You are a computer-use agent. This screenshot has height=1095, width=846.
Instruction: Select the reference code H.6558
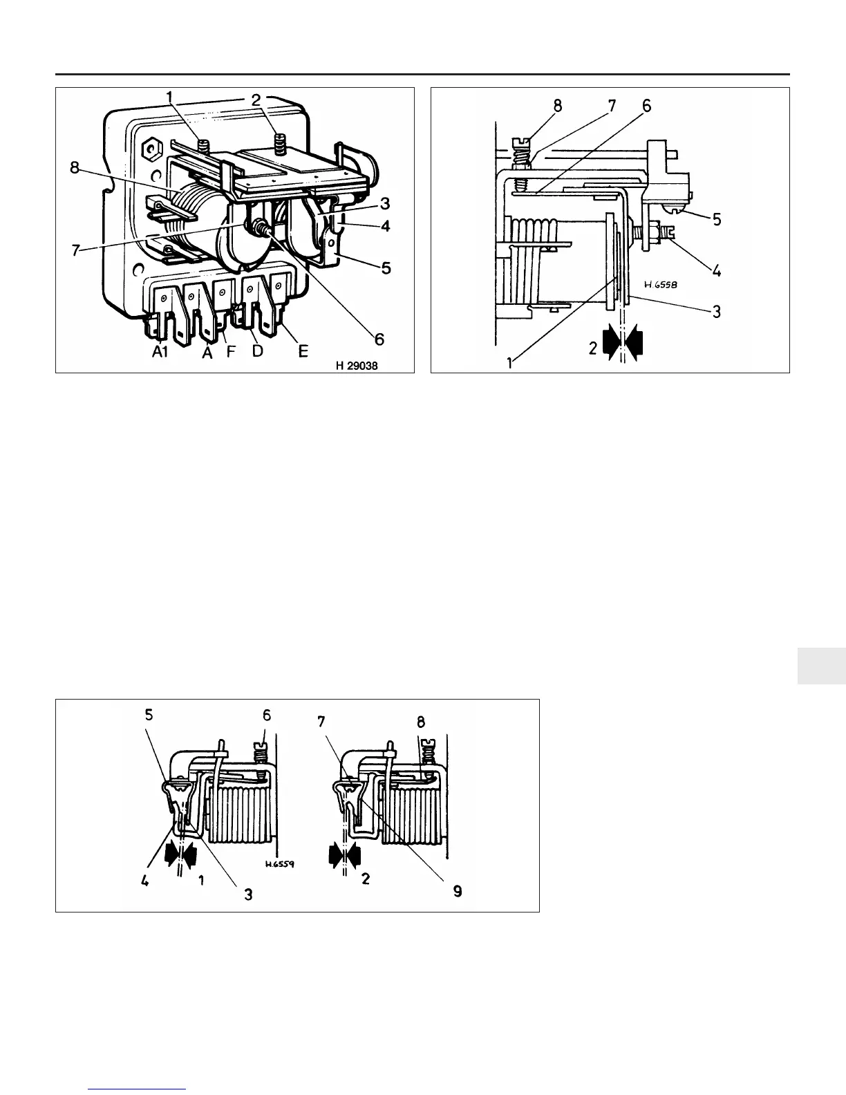pyautogui.click(x=658, y=283)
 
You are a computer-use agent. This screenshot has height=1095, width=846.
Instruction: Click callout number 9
pyautogui.click(x=457, y=892)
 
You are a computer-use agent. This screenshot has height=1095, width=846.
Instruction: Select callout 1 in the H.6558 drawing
pyautogui.click(x=510, y=362)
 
